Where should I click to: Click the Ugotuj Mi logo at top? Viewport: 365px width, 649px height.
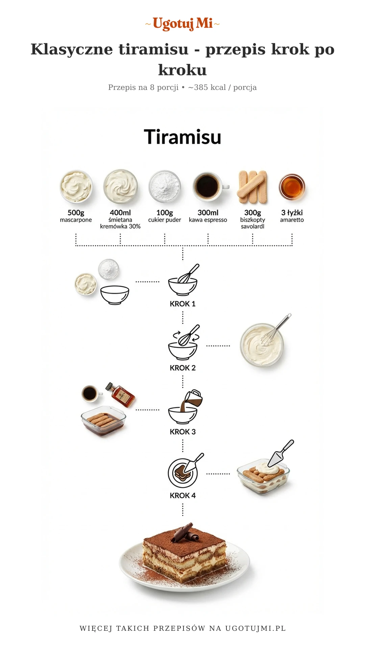click(182, 24)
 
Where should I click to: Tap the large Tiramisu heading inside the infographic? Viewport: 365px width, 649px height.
click(182, 137)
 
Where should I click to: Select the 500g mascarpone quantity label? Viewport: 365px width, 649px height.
click(76, 213)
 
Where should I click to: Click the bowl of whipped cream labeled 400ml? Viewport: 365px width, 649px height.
click(121, 187)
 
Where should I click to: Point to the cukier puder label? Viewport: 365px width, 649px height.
click(165, 220)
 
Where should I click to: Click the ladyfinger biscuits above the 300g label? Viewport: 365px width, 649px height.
click(253, 187)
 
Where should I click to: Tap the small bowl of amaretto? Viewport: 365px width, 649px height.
click(292, 187)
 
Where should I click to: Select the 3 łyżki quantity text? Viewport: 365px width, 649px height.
click(292, 213)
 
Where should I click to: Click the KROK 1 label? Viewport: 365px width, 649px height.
click(182, 304)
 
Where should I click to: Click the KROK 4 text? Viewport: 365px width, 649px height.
click(182, 496)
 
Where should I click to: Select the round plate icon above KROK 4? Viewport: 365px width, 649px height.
click(182, 473)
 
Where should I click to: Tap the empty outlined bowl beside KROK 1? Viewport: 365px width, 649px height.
click(115, 295)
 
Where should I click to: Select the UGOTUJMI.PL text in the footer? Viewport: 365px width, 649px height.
click(255, 628)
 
